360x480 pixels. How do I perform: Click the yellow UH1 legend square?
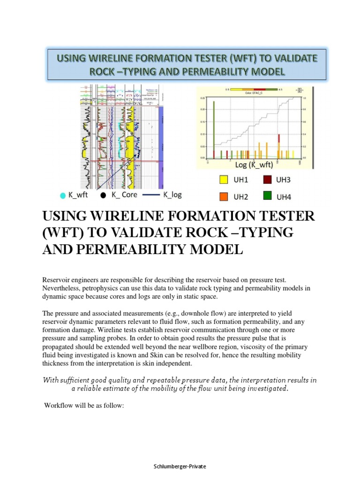point(224,180)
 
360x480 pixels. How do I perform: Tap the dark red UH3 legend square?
point(267,180)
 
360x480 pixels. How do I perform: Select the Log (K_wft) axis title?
point(254,165)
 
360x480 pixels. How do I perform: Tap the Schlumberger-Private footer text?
point(180,466)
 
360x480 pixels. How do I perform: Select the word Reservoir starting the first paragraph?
point(57,279)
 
